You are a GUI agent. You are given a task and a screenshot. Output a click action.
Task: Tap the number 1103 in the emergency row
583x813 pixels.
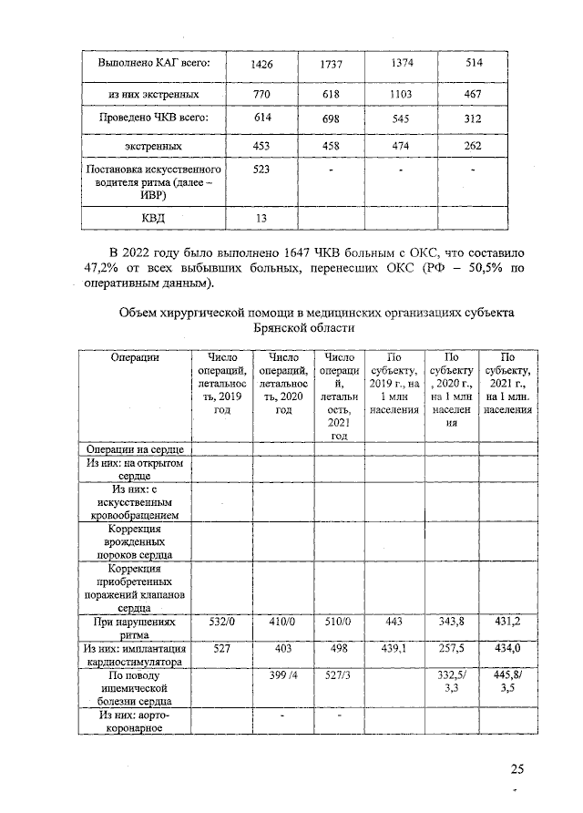tap(400, 95)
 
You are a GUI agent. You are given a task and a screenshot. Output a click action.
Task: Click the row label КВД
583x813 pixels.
tap(152, 217)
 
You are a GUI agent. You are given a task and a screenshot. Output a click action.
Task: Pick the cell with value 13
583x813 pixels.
tap(261, 217)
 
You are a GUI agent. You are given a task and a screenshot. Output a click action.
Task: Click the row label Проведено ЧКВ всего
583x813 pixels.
tap(152, 118)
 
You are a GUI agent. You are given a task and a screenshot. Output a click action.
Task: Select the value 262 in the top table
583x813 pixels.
tap(472, 146)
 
